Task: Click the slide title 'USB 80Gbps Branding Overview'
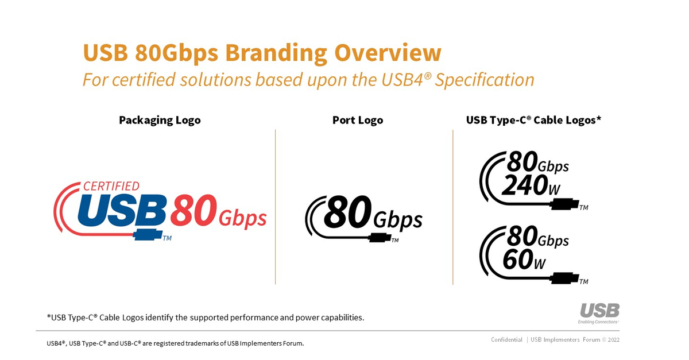tap(262, 53)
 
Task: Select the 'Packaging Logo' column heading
tap(160, 120)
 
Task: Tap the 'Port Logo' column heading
tap(357, 120)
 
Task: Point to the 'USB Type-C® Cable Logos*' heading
tap(533, 120)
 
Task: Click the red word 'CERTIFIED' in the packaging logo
tap(111, 186)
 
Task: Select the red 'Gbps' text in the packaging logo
tap(243, 219)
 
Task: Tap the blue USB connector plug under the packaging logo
tap(148, 234)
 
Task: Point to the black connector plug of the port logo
tap(378, 237)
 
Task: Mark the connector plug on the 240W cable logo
tap(565, 204)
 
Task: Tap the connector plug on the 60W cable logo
tap(565, 278)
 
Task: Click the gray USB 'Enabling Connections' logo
tap(599, 313)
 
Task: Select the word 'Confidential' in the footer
tap(506, 340)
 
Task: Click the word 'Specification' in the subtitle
tap(485, 79)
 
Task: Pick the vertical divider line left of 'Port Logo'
tap(276, 207)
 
